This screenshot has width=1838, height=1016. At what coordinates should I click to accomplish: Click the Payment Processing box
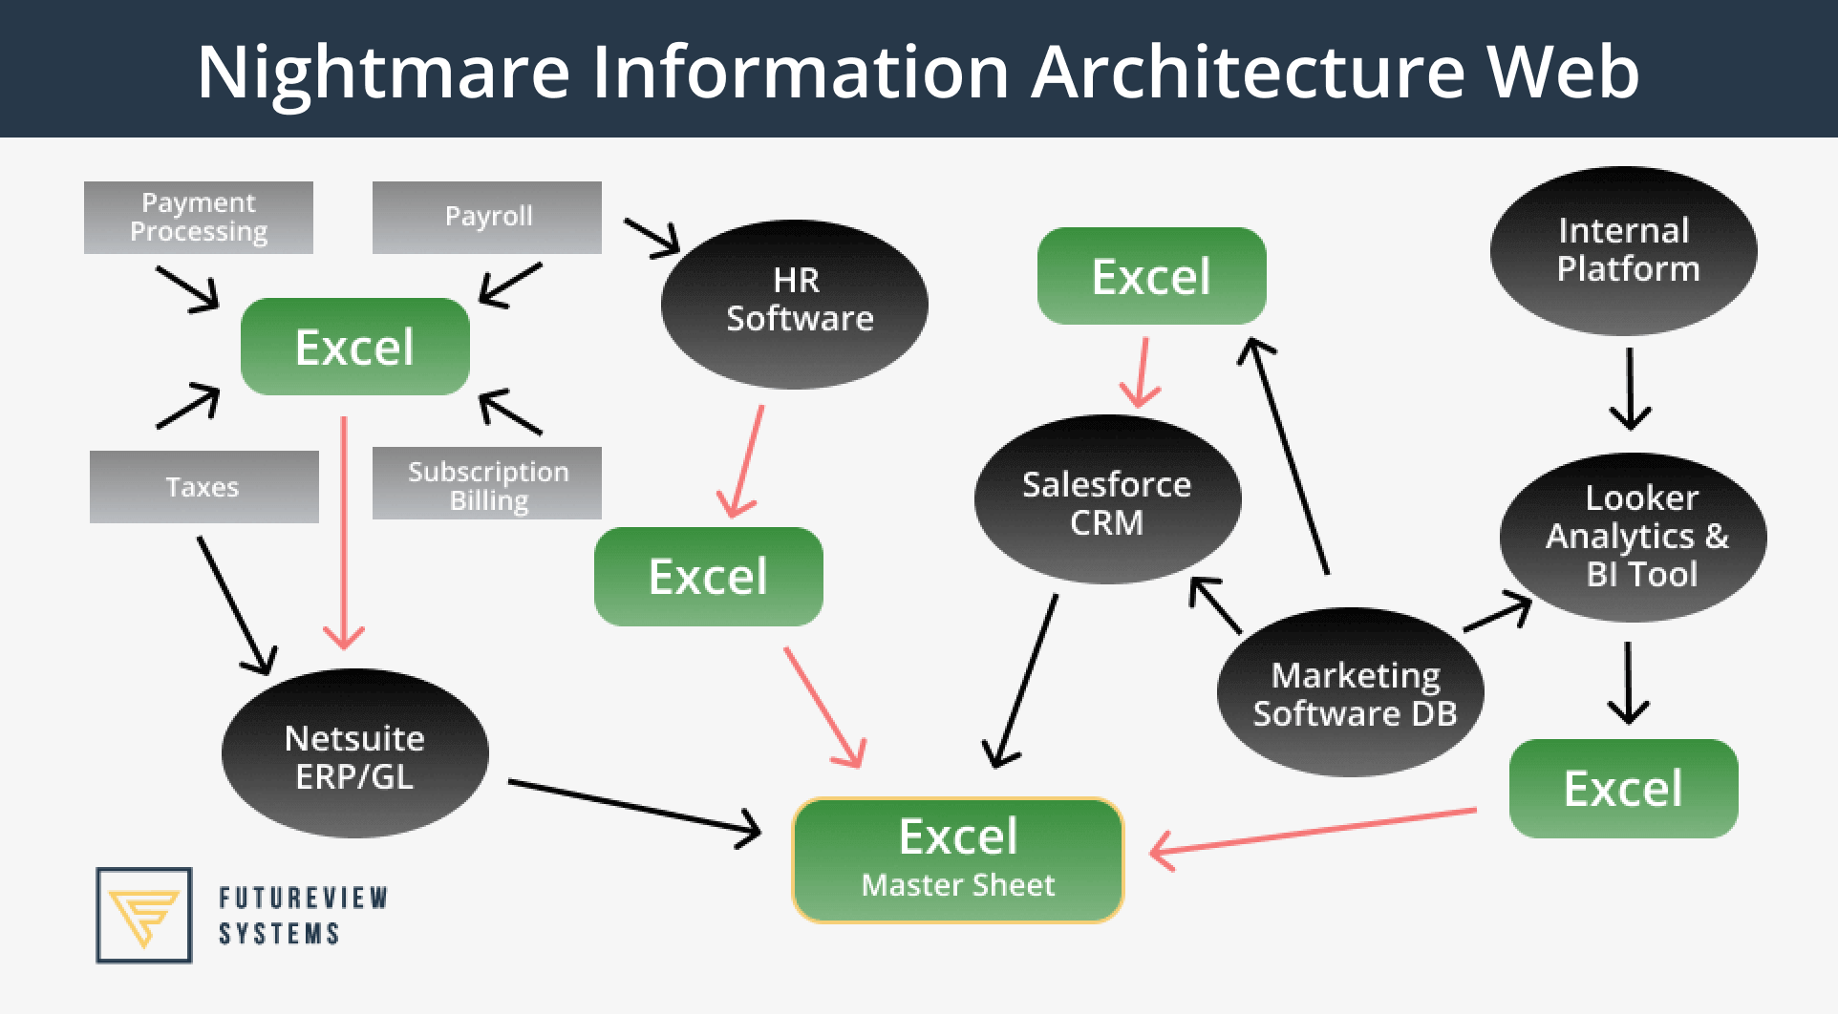(x=199, y=218)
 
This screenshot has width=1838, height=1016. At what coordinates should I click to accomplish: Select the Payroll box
(x=487, y=218)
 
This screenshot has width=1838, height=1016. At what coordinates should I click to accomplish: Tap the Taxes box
(x=203, y=487)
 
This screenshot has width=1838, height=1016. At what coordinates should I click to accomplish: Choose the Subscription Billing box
(x=487, y=484)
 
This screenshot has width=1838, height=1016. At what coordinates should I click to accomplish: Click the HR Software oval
(x=795, y=300)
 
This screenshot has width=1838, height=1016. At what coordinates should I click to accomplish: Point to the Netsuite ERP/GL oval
(x=354, y=755)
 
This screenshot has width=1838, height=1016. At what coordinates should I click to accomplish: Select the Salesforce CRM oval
(x=1107, y=501)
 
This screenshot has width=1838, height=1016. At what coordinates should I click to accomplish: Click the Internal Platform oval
(x=1624, y=250)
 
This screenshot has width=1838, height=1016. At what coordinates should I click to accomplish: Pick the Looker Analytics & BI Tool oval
(x=1635, y=536)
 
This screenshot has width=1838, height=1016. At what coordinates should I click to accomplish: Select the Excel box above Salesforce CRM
(x=1151, y=276)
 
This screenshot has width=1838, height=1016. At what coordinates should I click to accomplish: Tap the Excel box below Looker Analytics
(x=1623, y=788)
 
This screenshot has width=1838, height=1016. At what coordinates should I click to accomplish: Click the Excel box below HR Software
(x=708, y=576)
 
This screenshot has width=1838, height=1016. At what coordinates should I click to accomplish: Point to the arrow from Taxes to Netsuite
(x=235, y=603)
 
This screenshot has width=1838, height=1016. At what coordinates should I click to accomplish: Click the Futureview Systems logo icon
(x=144, y=914)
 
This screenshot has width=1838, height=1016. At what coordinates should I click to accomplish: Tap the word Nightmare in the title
(x=382, y=71)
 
